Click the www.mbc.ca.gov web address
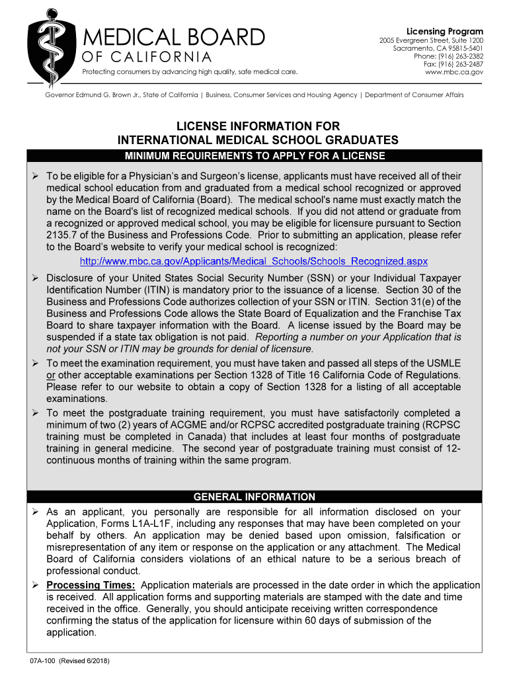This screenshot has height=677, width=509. pyautogui.click(x=454, y=72)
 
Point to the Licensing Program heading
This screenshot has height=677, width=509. pyautogui.click(x=444, y=32)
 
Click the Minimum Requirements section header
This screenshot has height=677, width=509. pyautogui.click(x=255, y=156)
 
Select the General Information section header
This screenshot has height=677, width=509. pyautogui.click(x=255, y=497)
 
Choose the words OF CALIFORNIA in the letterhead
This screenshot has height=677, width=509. pyautogui.click(x=147, y=57)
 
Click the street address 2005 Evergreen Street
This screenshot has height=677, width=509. pyautogui.click(x=431, y=40)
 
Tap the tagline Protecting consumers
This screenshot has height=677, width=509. pyautogui.click(x=188, y=71)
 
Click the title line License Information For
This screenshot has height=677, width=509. pyautogui.click(x=258, y=126)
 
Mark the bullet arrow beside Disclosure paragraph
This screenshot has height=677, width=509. pyautogui.click(x=36, y=278)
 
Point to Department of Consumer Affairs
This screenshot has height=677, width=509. pyautogui.click(x=413, y=95)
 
